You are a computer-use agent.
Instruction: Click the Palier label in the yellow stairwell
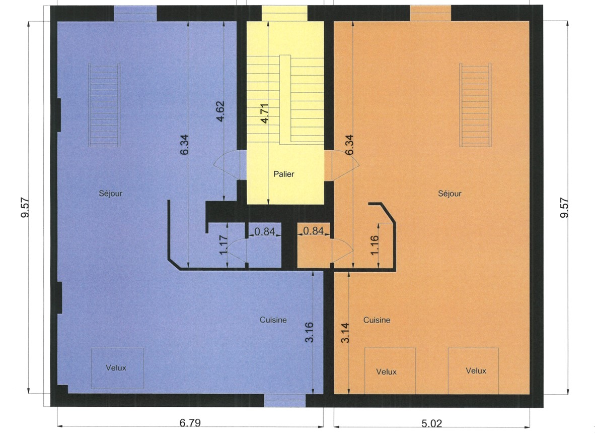[284, 174]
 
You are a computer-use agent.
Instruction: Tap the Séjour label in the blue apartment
[110, 194]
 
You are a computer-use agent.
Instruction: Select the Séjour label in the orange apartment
[450, 194]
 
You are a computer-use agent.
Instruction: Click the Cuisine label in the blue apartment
[273, 320]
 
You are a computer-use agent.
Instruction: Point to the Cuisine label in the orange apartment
[377, 320]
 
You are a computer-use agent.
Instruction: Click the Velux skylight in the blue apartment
[118, 368]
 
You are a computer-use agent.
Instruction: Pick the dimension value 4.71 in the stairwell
[265, 113]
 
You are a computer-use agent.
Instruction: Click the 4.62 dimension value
[220, 111]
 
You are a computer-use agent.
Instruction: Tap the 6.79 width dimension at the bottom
[190, 422]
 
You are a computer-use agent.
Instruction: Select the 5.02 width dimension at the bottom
[431, 423]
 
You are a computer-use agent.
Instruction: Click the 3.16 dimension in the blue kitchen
[309, 332]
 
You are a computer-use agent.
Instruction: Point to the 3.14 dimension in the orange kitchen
[345, 333]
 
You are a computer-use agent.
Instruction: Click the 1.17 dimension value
[224, 245]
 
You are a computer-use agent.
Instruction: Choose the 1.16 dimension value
[374, 245]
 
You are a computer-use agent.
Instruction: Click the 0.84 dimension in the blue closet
[264, 231]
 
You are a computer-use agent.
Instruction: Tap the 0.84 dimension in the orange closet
[314, 231]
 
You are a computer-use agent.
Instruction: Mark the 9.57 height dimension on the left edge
[25, 208]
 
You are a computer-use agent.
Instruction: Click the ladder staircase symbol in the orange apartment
[476, 105]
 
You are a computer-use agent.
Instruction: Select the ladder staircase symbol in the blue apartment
[104, 105]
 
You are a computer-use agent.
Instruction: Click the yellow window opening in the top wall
[284, 13]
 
